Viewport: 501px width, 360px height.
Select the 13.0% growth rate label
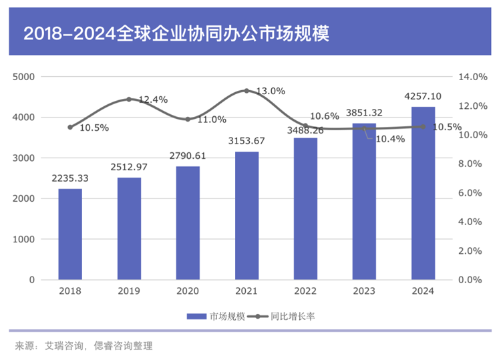pos(270,91)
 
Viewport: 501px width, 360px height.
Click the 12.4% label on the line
pos(153,100)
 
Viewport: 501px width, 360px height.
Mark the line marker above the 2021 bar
pos(246,90)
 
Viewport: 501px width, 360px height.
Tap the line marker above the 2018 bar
pos(70,127)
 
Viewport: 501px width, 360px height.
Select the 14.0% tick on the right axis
pos(471,77)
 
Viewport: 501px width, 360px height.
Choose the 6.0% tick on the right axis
pos(471,193)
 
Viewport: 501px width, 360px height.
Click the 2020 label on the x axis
pos(188,291)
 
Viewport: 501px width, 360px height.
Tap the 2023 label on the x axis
pos(364,291)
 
